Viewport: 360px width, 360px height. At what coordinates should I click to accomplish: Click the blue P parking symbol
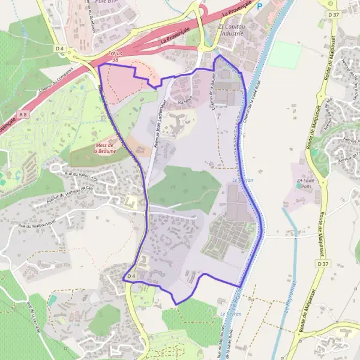point(260,7)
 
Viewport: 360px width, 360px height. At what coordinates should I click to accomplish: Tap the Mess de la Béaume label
point(104,148)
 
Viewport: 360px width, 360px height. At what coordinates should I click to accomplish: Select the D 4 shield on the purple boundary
point(131,276)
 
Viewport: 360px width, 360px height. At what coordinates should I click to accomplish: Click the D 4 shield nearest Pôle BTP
point(59,48)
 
